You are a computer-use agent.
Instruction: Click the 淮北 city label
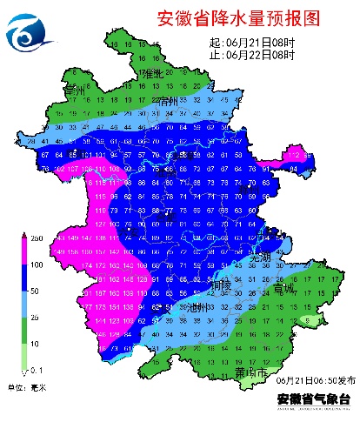152,74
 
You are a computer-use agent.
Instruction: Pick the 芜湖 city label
261,259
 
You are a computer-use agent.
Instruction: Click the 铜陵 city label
221,285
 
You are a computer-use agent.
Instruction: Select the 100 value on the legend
37,265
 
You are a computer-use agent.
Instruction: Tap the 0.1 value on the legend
37,372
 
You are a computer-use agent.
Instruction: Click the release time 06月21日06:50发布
312,381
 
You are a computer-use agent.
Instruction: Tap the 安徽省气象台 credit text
312,399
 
